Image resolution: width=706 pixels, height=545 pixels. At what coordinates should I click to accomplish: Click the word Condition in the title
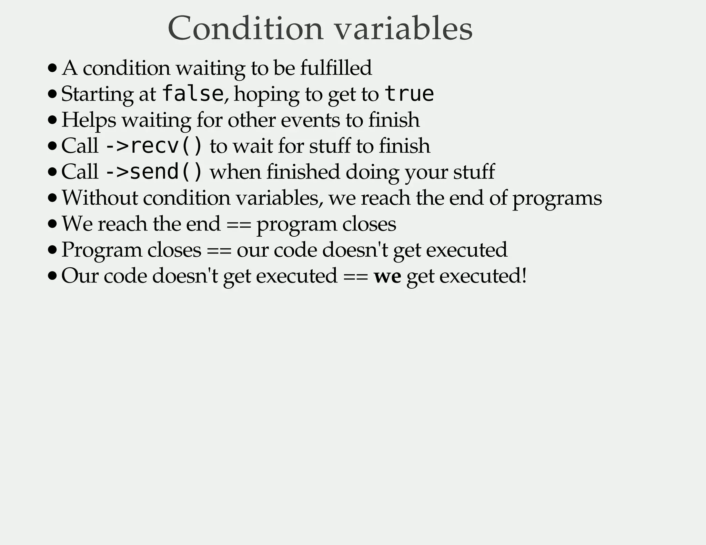click(x=245, y=28)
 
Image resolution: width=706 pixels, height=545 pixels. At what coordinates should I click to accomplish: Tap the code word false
click(x=192, y=94)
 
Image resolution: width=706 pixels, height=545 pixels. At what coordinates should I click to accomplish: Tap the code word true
click(x=409, y=94)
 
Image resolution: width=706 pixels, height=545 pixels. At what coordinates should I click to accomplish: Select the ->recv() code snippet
click(x=153, y=146)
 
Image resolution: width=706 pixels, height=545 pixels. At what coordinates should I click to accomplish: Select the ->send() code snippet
click(x=153, y=172)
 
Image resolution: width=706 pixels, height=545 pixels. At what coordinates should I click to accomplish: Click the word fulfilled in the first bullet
click(x=336, y=68)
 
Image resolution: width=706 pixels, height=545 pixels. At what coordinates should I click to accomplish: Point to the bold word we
click(x=387, y=276)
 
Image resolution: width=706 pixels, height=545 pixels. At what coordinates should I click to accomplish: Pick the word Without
click(x=100, y=198)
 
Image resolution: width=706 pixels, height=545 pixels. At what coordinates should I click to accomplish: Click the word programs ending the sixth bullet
click(x=557, y=198)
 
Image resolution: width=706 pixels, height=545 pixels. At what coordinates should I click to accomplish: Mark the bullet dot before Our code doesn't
click(x=52, y=276)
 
